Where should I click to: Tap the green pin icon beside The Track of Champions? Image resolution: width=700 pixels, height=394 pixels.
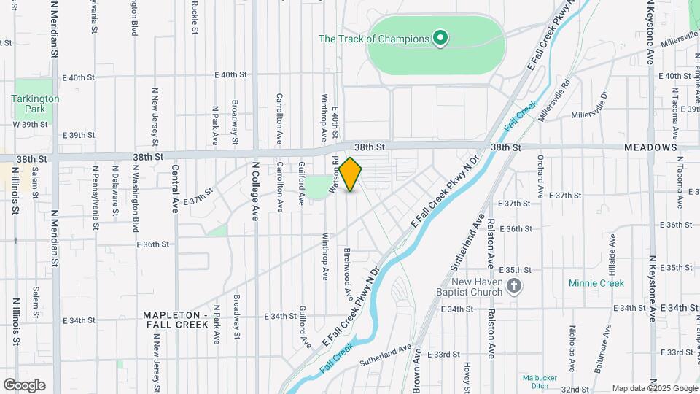(440, 36)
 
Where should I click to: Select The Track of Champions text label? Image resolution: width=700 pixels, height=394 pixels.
(374, 39)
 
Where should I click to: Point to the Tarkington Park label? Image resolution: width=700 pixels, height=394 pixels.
(35, 104)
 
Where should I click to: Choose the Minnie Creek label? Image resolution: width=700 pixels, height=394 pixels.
(598, 283)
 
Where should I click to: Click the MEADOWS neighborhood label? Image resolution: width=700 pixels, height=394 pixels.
(651, 147)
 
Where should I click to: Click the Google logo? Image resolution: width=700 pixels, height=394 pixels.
(24, 385)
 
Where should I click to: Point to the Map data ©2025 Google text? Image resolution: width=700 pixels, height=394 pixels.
(654, 388)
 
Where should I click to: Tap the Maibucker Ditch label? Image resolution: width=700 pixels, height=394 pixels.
(540, 382)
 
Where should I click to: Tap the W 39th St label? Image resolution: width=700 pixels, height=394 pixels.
(29, 124)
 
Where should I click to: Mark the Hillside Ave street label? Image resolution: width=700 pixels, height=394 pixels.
(612, 274)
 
